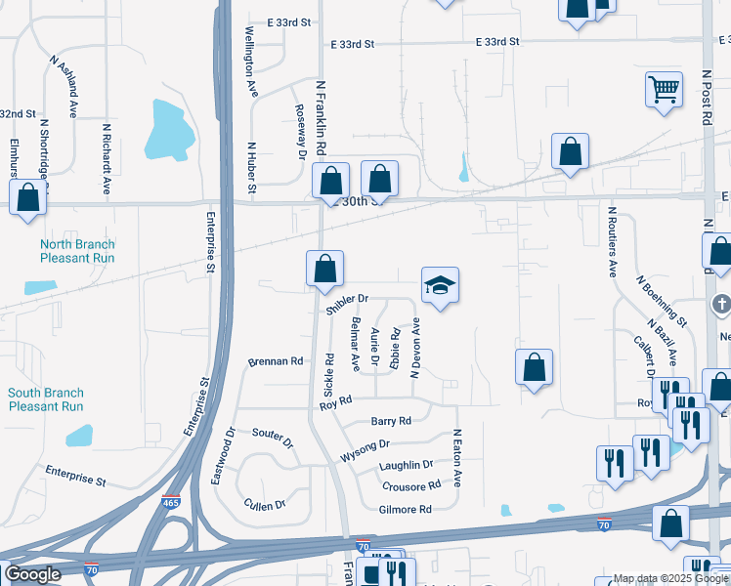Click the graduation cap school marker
click(x=440, y=285)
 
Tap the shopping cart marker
click(x=664, y=90)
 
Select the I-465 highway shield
click(x=171, y=501)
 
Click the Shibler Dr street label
click(x=348, y=303)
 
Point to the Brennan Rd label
click(x=276, y=360)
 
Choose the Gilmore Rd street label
click(x=405, y=510)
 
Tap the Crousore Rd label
click(x=411, y=486)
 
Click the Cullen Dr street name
click(x=265, y=504)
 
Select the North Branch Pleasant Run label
click(x=77, y=251)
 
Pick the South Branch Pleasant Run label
click(x=46, y=399)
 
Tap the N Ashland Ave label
click(x=63, y=86)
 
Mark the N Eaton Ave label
click(x=456, y=459)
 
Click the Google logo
click(x=33, y=574)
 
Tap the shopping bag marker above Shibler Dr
click(x=324, y=269)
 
